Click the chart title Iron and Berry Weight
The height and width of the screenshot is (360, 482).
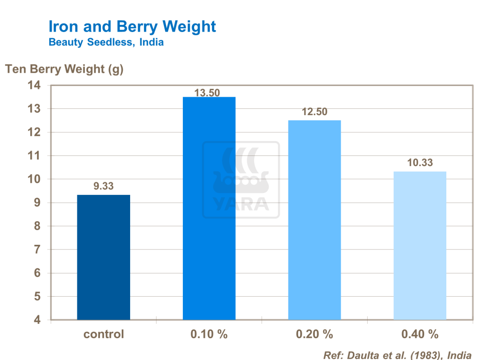[132, 26]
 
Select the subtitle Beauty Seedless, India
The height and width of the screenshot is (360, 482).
[106, 43]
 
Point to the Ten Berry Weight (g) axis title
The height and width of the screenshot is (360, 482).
[64, 69]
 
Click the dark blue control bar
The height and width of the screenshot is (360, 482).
[104, 257]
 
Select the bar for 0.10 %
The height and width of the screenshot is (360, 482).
[209, 208]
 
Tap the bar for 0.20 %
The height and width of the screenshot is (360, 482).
[314, 220]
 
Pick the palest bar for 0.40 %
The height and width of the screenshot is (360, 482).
[419, 245]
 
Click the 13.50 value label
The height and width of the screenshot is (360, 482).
[207, 93]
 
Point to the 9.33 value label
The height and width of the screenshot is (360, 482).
[104, 186]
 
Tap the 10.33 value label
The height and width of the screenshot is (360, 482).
[420, 163]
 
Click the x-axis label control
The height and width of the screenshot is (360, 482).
[104, 334]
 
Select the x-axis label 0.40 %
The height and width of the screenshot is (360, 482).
[419, 334]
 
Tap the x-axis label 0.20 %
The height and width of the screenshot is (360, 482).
[314, 334]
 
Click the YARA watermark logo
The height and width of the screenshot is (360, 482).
[241, 180]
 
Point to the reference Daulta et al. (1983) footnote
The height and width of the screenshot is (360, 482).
[398, 355]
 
